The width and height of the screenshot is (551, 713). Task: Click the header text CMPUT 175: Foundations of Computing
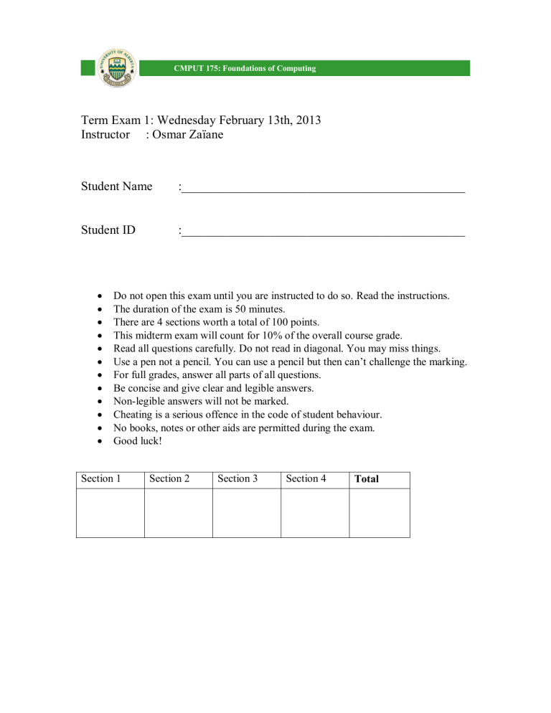244,69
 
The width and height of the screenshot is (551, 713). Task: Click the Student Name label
116,186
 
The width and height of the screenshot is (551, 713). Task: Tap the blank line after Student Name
323,189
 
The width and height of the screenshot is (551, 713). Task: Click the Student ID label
108,230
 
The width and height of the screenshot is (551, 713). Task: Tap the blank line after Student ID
323,233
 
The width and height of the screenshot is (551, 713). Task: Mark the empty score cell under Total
379,513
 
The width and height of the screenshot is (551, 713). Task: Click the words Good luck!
138,441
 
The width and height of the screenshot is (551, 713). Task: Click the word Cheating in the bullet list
133,415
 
